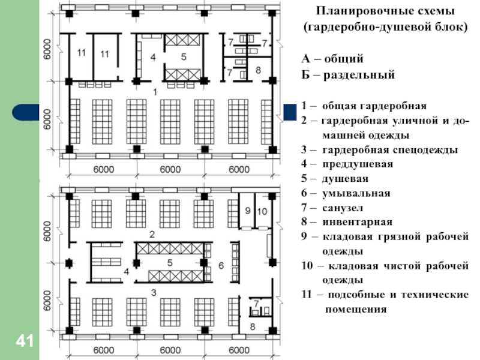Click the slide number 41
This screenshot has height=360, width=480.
pyautogui.click(x=25, y=341)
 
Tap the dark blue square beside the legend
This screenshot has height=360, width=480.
pyautogui.click(x=290, y=112)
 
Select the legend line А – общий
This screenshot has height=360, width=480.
pyautogui.click(x=332, y=58)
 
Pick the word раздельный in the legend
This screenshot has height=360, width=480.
pyautogui.click(x=359, y=75)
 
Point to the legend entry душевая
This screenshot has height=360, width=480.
pyautogui.click(x=345, y=178)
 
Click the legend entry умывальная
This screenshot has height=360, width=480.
pyautogui.click(x=356, y=193)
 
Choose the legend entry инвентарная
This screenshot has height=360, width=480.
pyautogui.click(x=357, y=222)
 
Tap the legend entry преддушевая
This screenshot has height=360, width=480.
pyautogui.click(x=358, y=164)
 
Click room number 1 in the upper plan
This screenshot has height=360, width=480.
pyautogui.click(x=155, y=92)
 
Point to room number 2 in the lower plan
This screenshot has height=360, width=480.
pyautogui.click(x=152, y=235)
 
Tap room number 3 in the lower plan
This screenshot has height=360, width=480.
pyautogui.click(x=154, y=293)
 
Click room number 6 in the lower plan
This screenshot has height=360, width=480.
pyautogui.click(x=221, y=265)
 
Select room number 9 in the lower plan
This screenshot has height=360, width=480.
pyautogui.click(x=248, y=211)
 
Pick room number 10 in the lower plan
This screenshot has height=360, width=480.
pyautogui.click(x=262, y=211)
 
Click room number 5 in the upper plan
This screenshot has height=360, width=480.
pyautogui.click(x=184, y=56)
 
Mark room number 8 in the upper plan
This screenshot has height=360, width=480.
pyautogui.click(x=258, y=70)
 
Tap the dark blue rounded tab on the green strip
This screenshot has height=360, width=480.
pyautogui.click(x=26, y=112)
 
